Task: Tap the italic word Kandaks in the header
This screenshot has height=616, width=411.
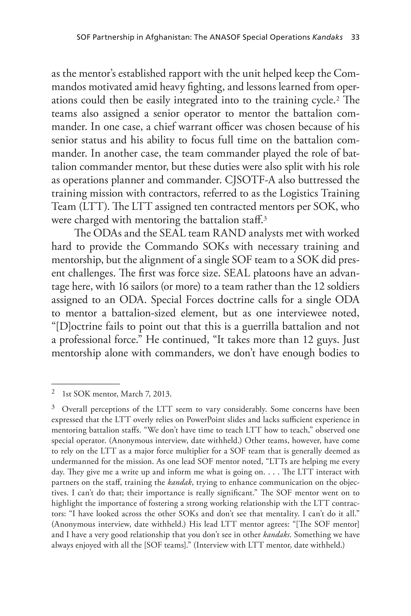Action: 327,37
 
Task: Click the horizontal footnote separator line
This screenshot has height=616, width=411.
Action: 85,384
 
